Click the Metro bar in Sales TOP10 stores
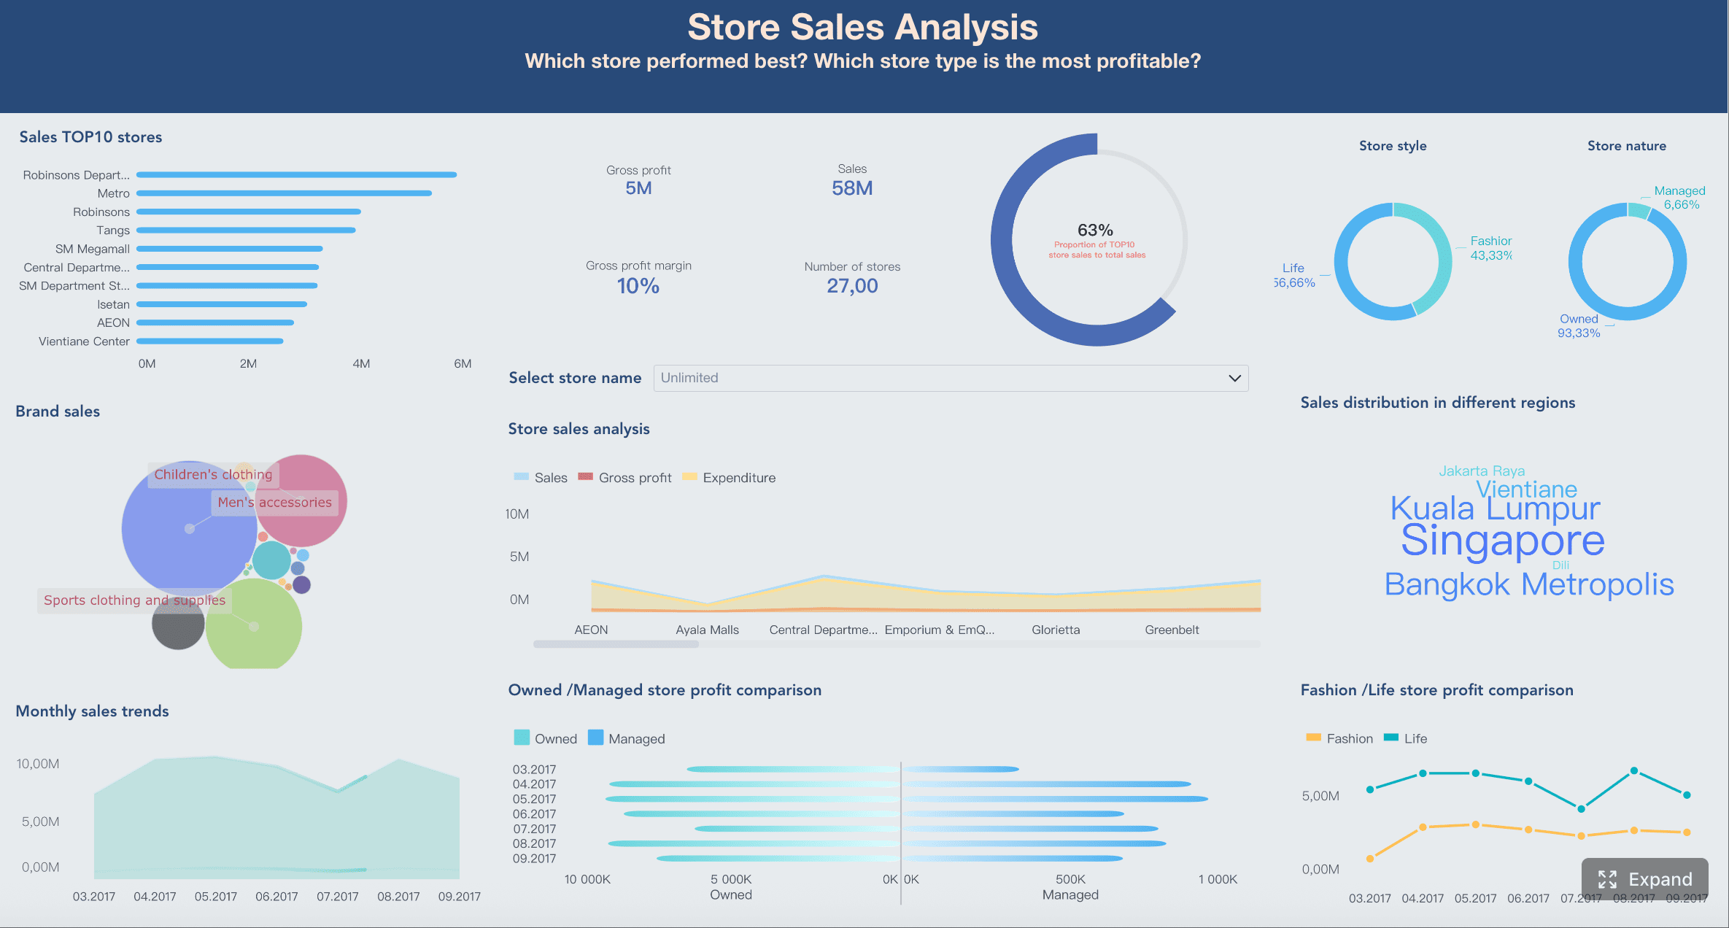click(284, 193)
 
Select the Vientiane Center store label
click(84, 341)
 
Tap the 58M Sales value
click(851, 188)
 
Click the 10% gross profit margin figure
click(638, 286)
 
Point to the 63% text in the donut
click(1095, 231)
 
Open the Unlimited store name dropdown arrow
click(1234, 378)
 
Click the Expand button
click(1644, 879)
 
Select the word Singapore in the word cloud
click(1502, 541)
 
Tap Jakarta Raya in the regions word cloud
click(1481, 471)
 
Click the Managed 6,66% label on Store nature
click(1679, 198)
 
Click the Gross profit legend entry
click(634, 478)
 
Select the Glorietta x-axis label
click(1055, 630)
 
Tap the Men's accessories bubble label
click(274, 502)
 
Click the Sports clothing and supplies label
click(134, 600)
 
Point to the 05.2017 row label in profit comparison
click(534, 799)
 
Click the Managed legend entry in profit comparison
click(635, 738)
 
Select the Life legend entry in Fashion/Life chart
click(1414, 738)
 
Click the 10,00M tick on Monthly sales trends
click(38, 764)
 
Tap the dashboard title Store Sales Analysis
click(862, 28)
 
